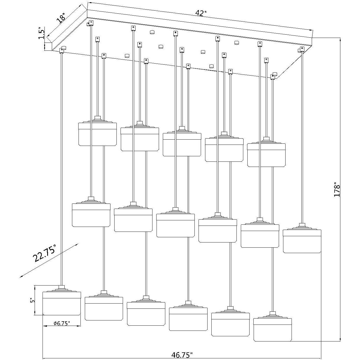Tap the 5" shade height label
32,301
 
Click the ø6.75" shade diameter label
62,323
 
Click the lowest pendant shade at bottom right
272,330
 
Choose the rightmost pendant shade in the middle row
302,241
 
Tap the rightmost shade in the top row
266,155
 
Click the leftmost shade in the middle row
91,215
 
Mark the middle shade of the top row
182,145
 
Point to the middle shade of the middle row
175,225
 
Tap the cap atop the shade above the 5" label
62,287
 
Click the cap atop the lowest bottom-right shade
272,314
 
